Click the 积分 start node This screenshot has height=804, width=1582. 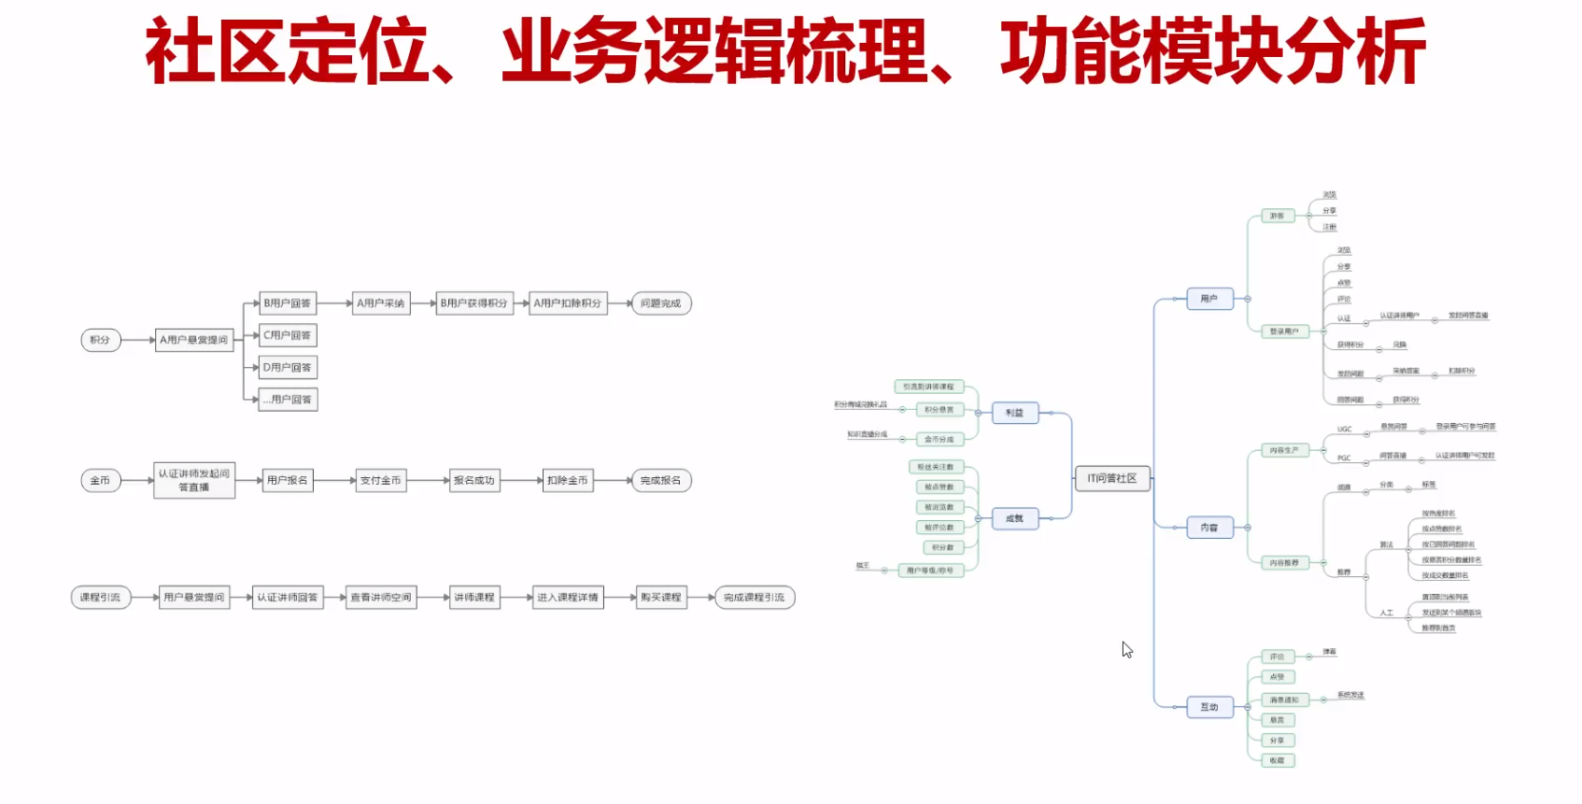click(x=100, y=340)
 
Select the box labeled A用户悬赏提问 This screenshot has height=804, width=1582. click(x=193, y=340)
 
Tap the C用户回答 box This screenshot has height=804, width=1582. click(x=287, y=335)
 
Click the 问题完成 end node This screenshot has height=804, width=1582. click(x=660, y=303)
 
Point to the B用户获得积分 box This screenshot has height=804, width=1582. click(x=473, y=303)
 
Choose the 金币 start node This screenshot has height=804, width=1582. click(x=100, y=481)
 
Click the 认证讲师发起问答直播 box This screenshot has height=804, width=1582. click(x=193, y=481)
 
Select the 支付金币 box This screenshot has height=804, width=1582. click(x=380, y=481)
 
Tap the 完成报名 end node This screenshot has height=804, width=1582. click(x=660, y=481)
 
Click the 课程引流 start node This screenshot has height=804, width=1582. click(x=100, y=598)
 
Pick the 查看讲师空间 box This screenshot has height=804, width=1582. click(x=380, y=598)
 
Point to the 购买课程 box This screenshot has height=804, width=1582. click(x=660, y=598)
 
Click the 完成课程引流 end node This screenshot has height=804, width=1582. click(x=754, y=598)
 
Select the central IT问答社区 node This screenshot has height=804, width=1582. click(x=1111, y=478)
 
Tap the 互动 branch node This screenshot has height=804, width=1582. click(x=1209, y=707)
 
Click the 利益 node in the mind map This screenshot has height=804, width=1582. click(x=1014, y=413)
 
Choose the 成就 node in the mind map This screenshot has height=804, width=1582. click(x=1014, y=518)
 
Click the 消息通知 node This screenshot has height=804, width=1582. click(x=1284, y=699)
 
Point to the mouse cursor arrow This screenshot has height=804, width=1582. click(x=1126, y=648)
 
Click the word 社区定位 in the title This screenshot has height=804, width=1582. click(x=286, y=51)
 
